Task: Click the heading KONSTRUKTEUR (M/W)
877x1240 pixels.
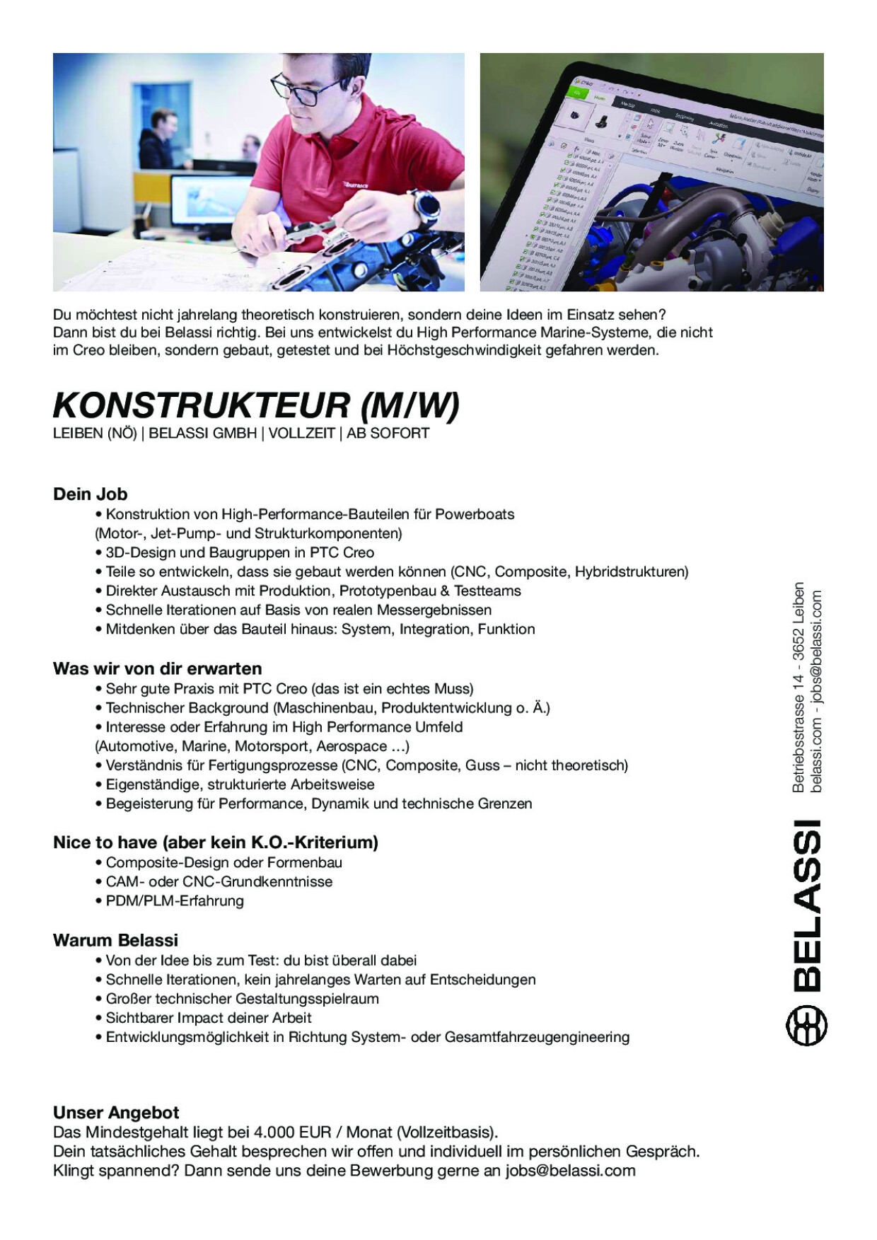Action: (256, 406)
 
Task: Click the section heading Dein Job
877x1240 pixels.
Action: (90, 494)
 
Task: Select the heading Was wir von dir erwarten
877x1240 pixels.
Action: (157, 668)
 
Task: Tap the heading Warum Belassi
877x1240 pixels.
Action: (115, 940)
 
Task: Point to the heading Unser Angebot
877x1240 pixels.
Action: (116, 1112)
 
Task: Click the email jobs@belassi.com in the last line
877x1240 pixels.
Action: (570, 1171)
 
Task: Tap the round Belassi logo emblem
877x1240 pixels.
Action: (807, 1026)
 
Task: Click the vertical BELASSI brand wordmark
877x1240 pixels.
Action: (807, 905)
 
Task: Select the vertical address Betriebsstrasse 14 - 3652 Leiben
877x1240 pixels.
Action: (798, 687)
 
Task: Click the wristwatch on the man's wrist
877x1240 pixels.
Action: (426, 206)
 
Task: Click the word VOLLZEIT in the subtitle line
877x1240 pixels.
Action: (301, 434)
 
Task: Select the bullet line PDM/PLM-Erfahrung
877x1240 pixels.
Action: (174, 900)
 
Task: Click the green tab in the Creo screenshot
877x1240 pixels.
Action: (579, 92)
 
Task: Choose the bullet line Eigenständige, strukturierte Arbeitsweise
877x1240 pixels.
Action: (240, 784)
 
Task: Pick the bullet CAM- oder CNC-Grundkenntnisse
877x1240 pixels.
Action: (219, 881)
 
